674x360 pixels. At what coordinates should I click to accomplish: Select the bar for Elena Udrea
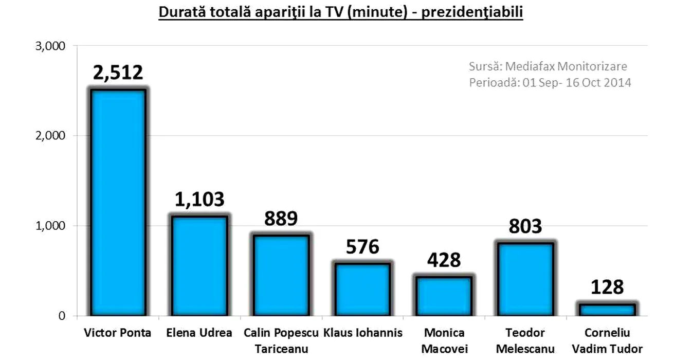coord(199,265)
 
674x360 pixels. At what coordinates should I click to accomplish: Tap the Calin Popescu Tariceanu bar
coord(280,275)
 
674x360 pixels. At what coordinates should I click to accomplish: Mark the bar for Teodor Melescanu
coord(524,279)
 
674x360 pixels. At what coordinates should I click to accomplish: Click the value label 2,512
coord(118,73)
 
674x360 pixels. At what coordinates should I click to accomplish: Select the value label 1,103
coord(199,200)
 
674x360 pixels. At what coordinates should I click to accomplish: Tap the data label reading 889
coord(281,219)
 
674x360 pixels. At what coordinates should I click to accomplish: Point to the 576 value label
coord(362,247)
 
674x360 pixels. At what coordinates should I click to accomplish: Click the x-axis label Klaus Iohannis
coord(363,333)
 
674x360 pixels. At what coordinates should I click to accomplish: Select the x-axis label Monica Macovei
coord(443,340)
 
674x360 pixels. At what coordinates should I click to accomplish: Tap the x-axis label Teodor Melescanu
coord(525,340)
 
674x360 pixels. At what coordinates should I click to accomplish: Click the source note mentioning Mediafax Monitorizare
coord(548,66)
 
